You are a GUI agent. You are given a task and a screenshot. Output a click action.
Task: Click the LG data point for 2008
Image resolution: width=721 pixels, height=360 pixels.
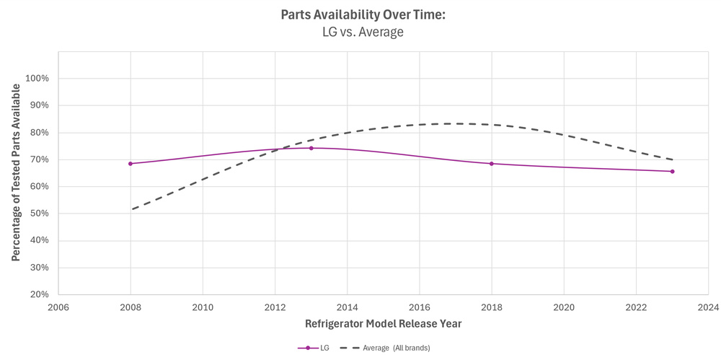(x=131, y=164)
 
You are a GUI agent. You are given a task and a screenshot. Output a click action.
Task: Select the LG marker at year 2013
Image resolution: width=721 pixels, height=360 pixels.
(x=311, y=148)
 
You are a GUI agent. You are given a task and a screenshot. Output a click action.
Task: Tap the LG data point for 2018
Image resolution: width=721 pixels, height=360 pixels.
(x=492, y=164)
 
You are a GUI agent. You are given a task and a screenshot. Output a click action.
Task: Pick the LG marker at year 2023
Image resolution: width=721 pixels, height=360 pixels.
(x=672, y=171)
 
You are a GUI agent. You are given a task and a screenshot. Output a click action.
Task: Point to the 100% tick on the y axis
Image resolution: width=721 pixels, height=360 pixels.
(x=36, y=79)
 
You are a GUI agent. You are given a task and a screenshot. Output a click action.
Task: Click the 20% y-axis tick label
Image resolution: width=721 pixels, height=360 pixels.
(x=38, y=294)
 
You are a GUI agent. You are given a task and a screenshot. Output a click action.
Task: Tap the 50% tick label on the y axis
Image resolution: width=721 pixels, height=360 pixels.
(x=38, y=214)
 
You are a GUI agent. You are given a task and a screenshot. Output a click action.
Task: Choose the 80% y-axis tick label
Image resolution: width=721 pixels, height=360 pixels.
(x=38, y=133)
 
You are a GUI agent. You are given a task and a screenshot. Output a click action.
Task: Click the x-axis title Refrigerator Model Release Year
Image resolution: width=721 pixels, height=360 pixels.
(x=383, y=324)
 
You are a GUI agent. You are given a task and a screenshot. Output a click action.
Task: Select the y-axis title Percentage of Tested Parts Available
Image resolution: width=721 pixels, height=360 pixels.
(x=15, y=172)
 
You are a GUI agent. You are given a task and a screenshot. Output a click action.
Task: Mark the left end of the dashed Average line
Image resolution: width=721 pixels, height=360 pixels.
(x=131, y=209)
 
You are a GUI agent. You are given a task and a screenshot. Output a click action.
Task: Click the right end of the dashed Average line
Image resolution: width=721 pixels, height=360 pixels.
(x=672, y=159)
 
